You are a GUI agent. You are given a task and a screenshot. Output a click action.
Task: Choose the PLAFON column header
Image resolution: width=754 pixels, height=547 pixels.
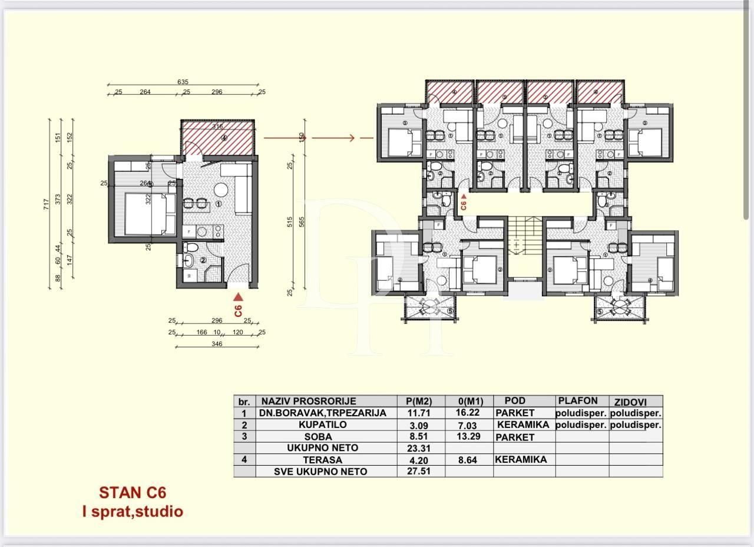(x=578, y=401)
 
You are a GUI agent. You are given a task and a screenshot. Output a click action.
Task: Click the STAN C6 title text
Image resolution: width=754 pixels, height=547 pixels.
(x=128, y=493)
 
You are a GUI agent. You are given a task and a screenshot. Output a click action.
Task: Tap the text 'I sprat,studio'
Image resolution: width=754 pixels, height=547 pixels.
(x=133, y=512)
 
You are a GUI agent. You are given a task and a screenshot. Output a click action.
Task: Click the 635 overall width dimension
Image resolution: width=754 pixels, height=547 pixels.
(x=183, y=83)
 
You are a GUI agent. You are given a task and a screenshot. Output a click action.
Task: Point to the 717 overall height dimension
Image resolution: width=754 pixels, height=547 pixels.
(x=47, y=204)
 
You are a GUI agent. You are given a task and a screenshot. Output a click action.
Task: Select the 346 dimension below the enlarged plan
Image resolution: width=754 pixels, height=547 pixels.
(x=217, y=344)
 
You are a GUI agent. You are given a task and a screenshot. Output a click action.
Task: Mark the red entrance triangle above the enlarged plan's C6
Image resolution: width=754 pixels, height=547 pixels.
(x=238, y=297)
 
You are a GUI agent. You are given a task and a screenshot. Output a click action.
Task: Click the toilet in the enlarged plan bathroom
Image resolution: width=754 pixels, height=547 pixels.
(x=190, y=260)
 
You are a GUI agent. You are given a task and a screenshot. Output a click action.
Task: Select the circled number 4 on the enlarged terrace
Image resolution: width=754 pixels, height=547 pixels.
(x=224, y=139)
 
